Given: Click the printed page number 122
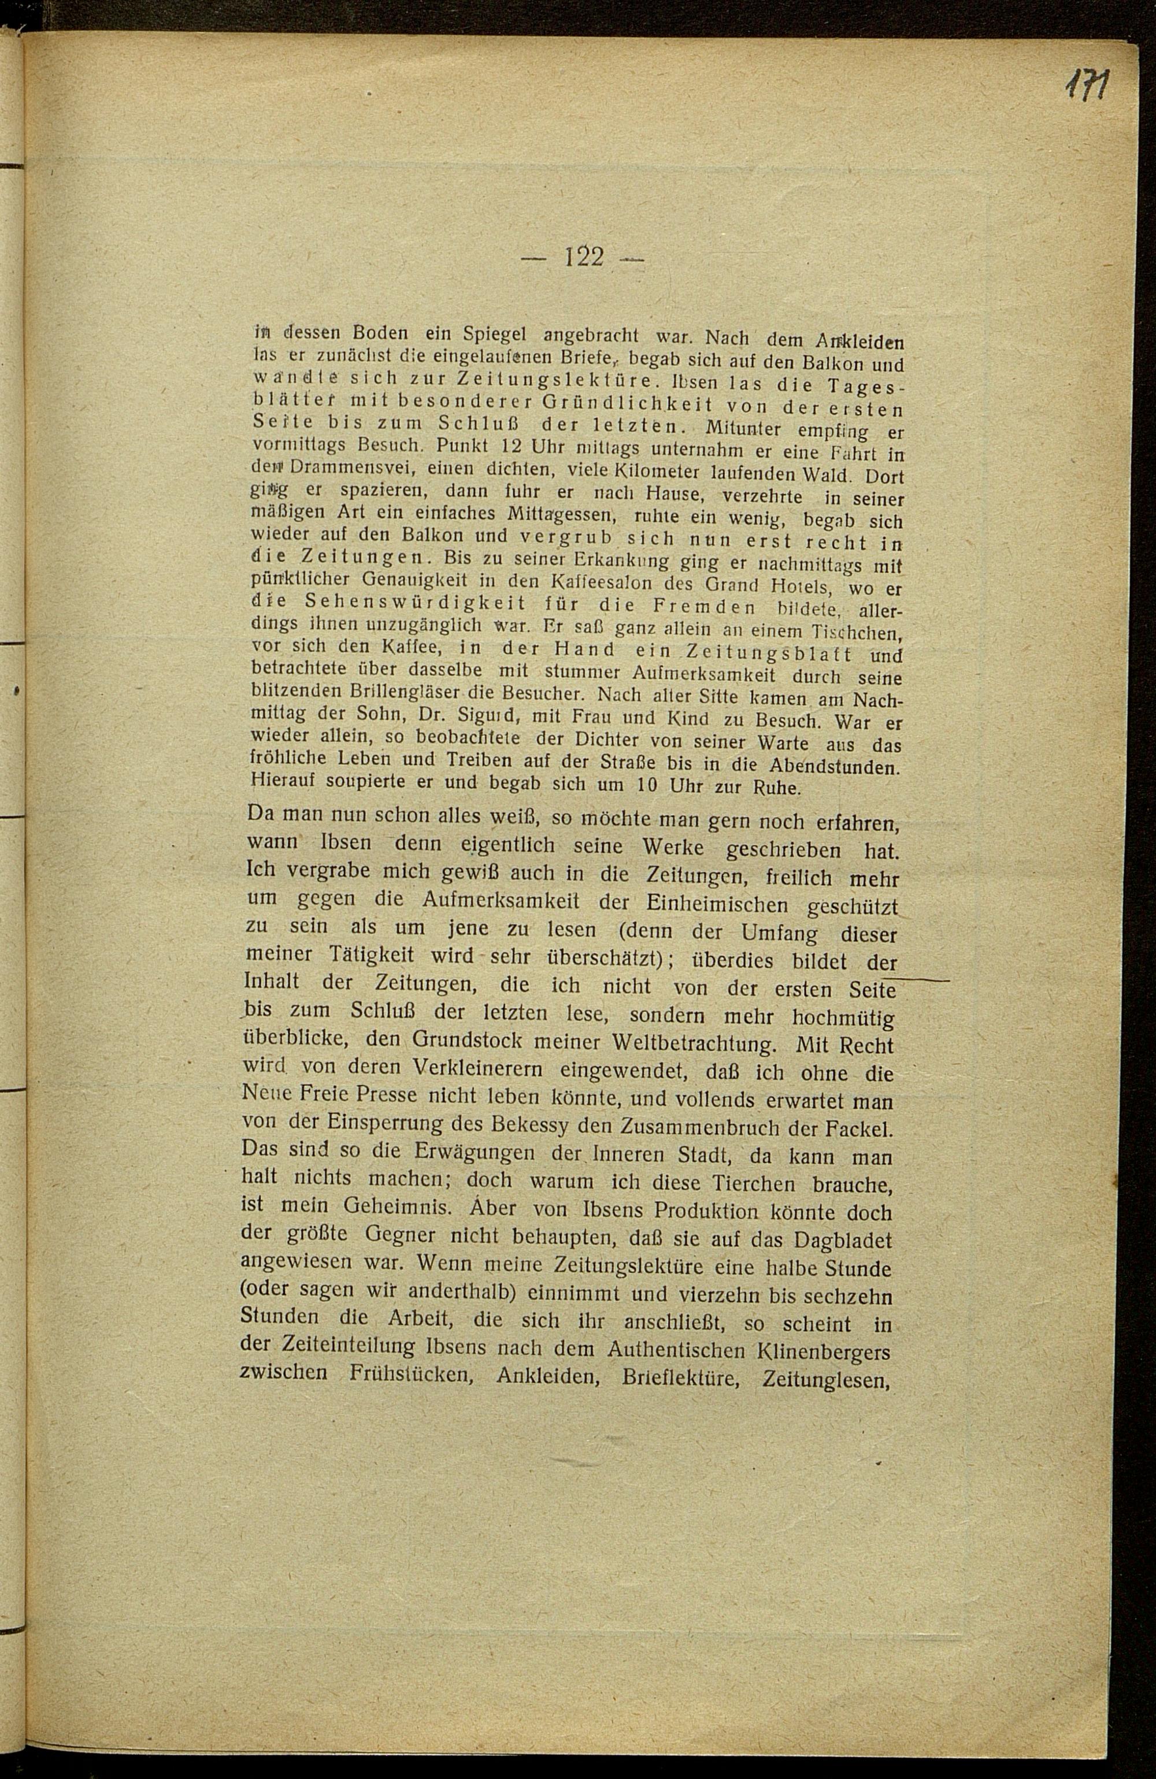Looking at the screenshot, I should (583, 258).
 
